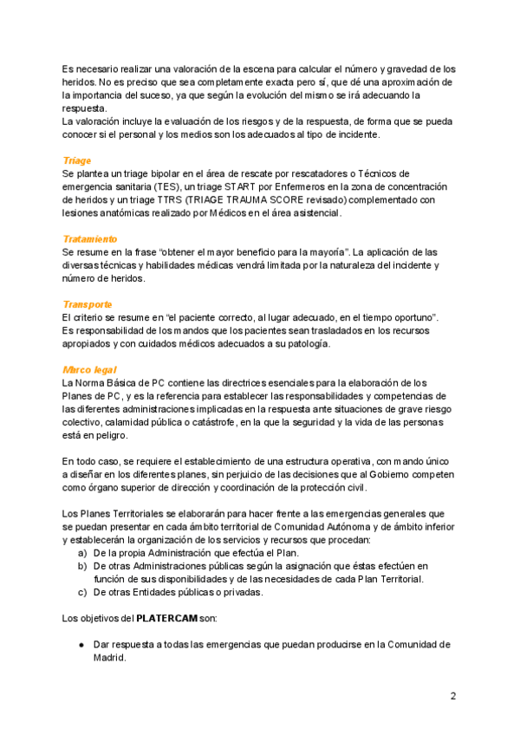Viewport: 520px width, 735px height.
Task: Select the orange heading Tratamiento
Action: (x=90, y=238)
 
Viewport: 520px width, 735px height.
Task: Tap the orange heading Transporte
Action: (x=88, y=304)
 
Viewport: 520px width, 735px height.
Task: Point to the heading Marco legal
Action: (x=90, y=369)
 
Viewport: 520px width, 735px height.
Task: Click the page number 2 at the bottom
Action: (x=452, y=696)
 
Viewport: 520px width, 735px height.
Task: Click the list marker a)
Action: (x=83, y=553)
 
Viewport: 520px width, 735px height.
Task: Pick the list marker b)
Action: (x=83, y=566)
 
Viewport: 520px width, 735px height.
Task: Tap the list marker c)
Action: (x=83, y=592)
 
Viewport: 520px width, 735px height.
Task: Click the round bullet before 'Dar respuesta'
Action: (x=81, y=645)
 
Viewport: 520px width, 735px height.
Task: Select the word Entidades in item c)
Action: (x=155, y=592)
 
